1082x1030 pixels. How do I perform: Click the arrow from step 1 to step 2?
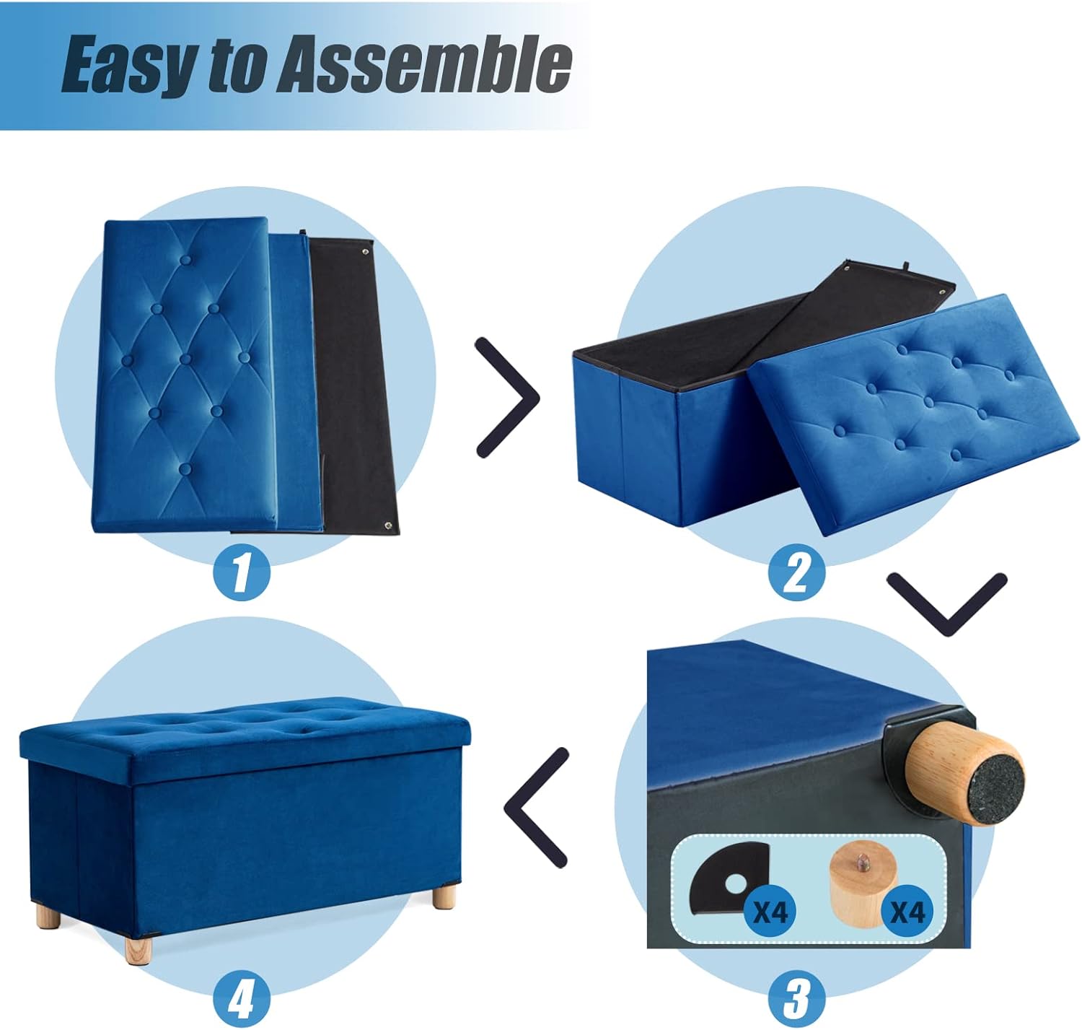click(x=507, y=398)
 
